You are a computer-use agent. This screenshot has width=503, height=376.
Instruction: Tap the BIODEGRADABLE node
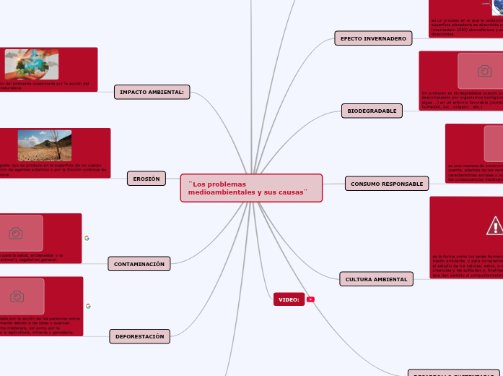(372, 111)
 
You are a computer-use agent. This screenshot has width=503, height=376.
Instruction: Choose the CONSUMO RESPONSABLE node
(387, 184)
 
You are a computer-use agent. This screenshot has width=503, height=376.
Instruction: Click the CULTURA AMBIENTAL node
(376, 279)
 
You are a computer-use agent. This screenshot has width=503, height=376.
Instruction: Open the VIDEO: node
(289, 299)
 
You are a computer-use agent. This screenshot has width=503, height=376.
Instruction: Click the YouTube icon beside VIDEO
(310, 299)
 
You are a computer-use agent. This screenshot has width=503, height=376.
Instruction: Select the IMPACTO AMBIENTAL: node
(152, 92)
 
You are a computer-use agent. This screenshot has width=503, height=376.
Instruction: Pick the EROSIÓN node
(146, 179)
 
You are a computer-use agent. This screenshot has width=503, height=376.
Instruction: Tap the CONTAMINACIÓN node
(139, 264)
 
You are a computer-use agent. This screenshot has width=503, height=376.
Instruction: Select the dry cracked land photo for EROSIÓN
(45, 145)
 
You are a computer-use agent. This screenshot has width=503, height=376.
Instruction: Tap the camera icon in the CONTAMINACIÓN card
(16, 233)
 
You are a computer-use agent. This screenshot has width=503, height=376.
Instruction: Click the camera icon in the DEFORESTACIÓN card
(17, 296)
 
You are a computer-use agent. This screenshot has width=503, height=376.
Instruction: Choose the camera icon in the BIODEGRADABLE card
(485, 71)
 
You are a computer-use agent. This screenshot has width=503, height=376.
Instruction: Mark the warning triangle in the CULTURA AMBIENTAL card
(495, 226)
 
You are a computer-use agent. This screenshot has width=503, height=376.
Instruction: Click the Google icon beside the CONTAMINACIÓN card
(87, 238)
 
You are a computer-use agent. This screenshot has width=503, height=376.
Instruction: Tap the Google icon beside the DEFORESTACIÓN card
(88, 307)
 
